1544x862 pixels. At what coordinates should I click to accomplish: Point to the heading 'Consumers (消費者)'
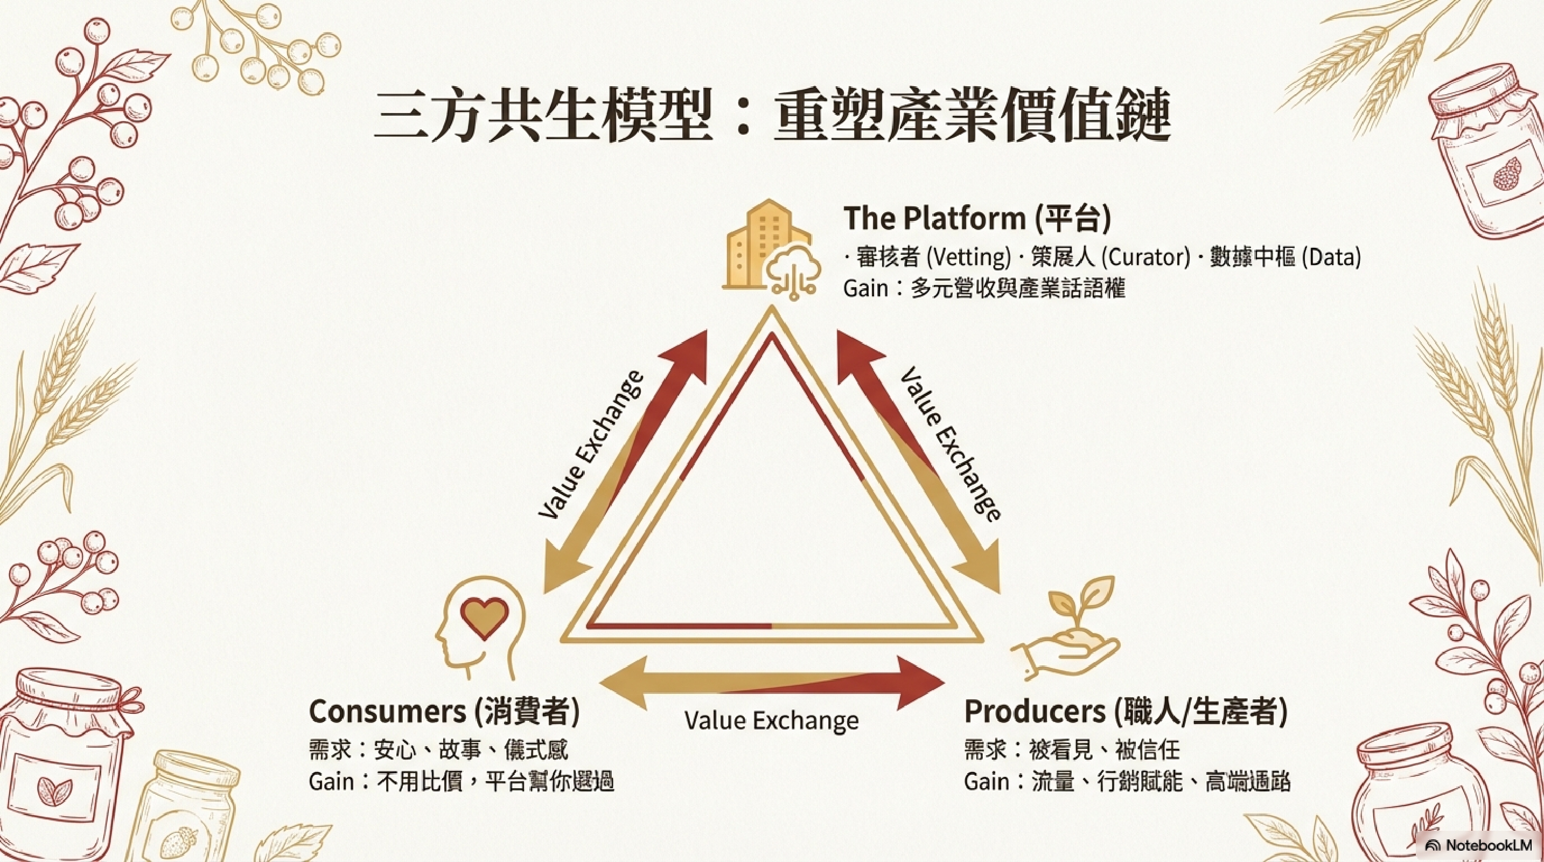click(444, 712)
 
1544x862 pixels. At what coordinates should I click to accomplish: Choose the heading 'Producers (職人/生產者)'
click(1126, 712)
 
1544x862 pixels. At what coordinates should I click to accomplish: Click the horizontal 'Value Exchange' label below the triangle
click(771, 720)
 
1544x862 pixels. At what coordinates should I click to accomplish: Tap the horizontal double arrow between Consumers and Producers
click(771, 683)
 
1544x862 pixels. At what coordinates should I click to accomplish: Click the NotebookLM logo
click(1481, 846)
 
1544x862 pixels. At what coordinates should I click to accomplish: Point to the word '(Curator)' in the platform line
click(1145, 257)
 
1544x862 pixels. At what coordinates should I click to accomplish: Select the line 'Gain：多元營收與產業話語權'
click(984, 288)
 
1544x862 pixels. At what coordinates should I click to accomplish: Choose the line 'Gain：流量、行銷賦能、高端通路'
click(1127, 782)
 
